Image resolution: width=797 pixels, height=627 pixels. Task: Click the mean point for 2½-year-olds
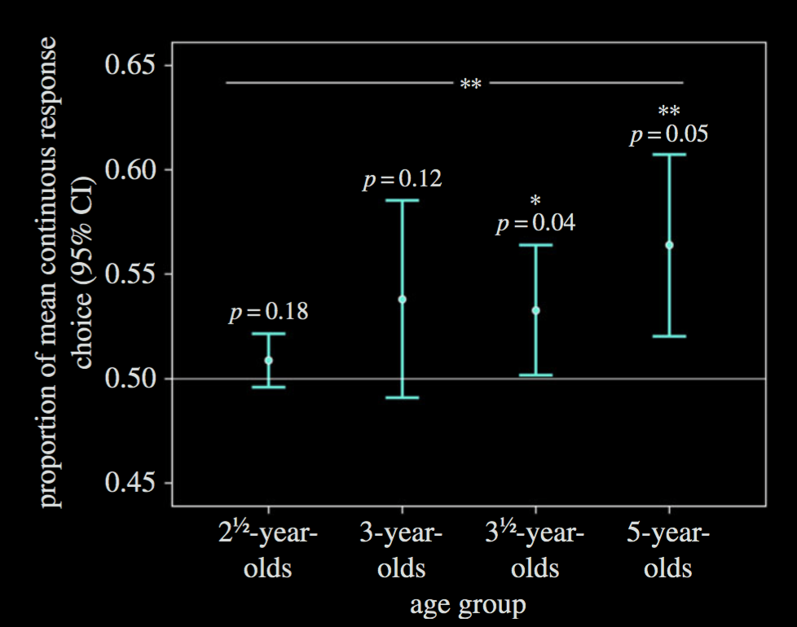(269, 360)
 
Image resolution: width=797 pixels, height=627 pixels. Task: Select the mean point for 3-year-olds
(403, 299)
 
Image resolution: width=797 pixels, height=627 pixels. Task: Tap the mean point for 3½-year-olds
(536, 310)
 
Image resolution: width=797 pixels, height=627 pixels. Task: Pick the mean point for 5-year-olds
(669, 244)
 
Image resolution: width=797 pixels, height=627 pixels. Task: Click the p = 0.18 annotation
(269, 313)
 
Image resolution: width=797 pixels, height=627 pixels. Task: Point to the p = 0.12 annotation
(403, 179)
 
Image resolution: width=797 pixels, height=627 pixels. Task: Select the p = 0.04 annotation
(536, 223)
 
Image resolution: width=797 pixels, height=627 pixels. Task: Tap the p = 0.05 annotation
(669, 134)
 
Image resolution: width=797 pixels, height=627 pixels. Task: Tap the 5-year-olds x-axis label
(668, 550)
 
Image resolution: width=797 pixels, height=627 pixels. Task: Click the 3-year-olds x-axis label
(402, 550)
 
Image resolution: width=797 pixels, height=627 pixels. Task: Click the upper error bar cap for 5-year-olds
(669, 154)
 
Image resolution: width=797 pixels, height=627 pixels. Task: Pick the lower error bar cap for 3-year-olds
(403, 397)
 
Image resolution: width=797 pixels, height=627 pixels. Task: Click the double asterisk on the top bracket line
(471, 85)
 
